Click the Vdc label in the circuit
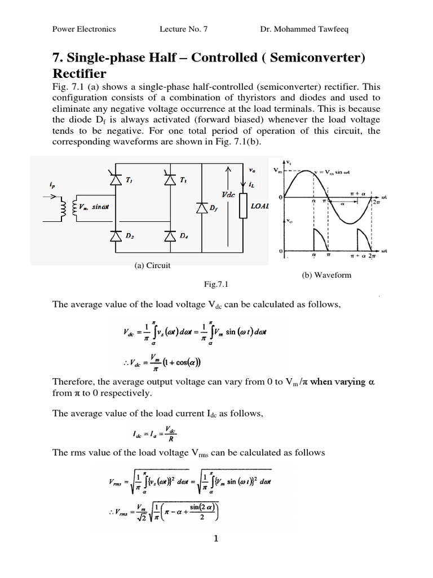point(228,194)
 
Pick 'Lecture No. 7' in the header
point(184,29)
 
